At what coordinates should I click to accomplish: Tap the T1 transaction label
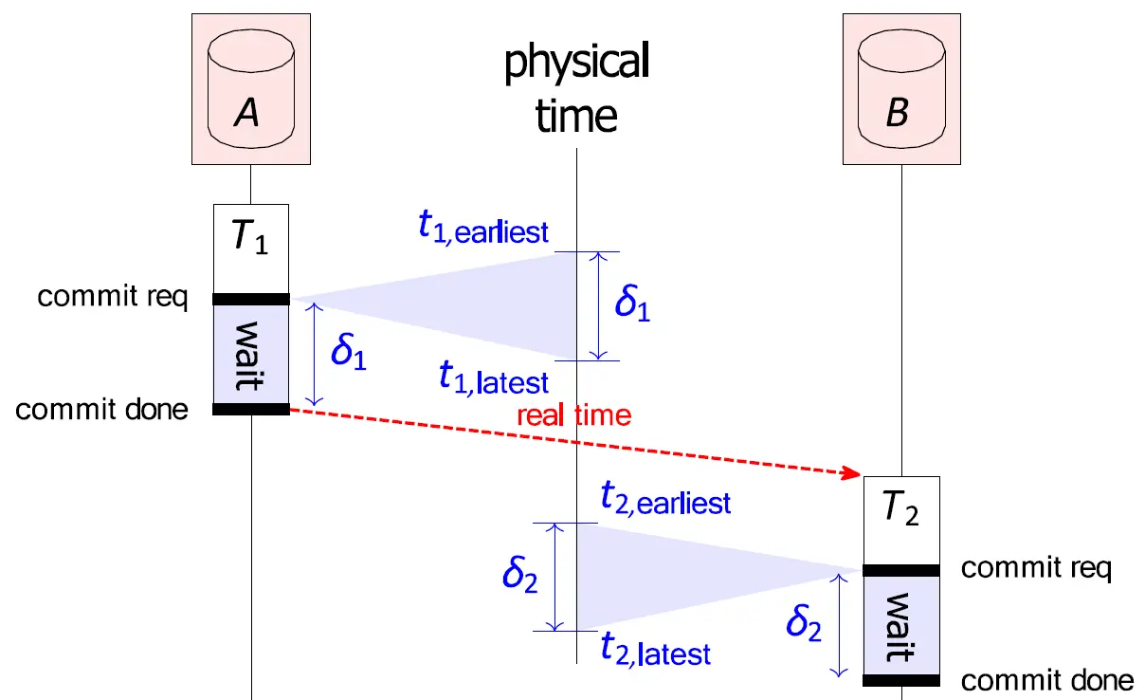point(249,237)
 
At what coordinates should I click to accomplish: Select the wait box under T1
point(250,354)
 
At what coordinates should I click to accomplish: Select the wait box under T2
point(900,626)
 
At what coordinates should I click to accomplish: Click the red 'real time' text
point(573,415)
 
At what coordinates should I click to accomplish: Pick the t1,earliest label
point(483,229)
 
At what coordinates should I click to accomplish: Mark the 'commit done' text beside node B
point(1046,679)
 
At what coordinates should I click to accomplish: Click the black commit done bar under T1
point(250,409)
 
